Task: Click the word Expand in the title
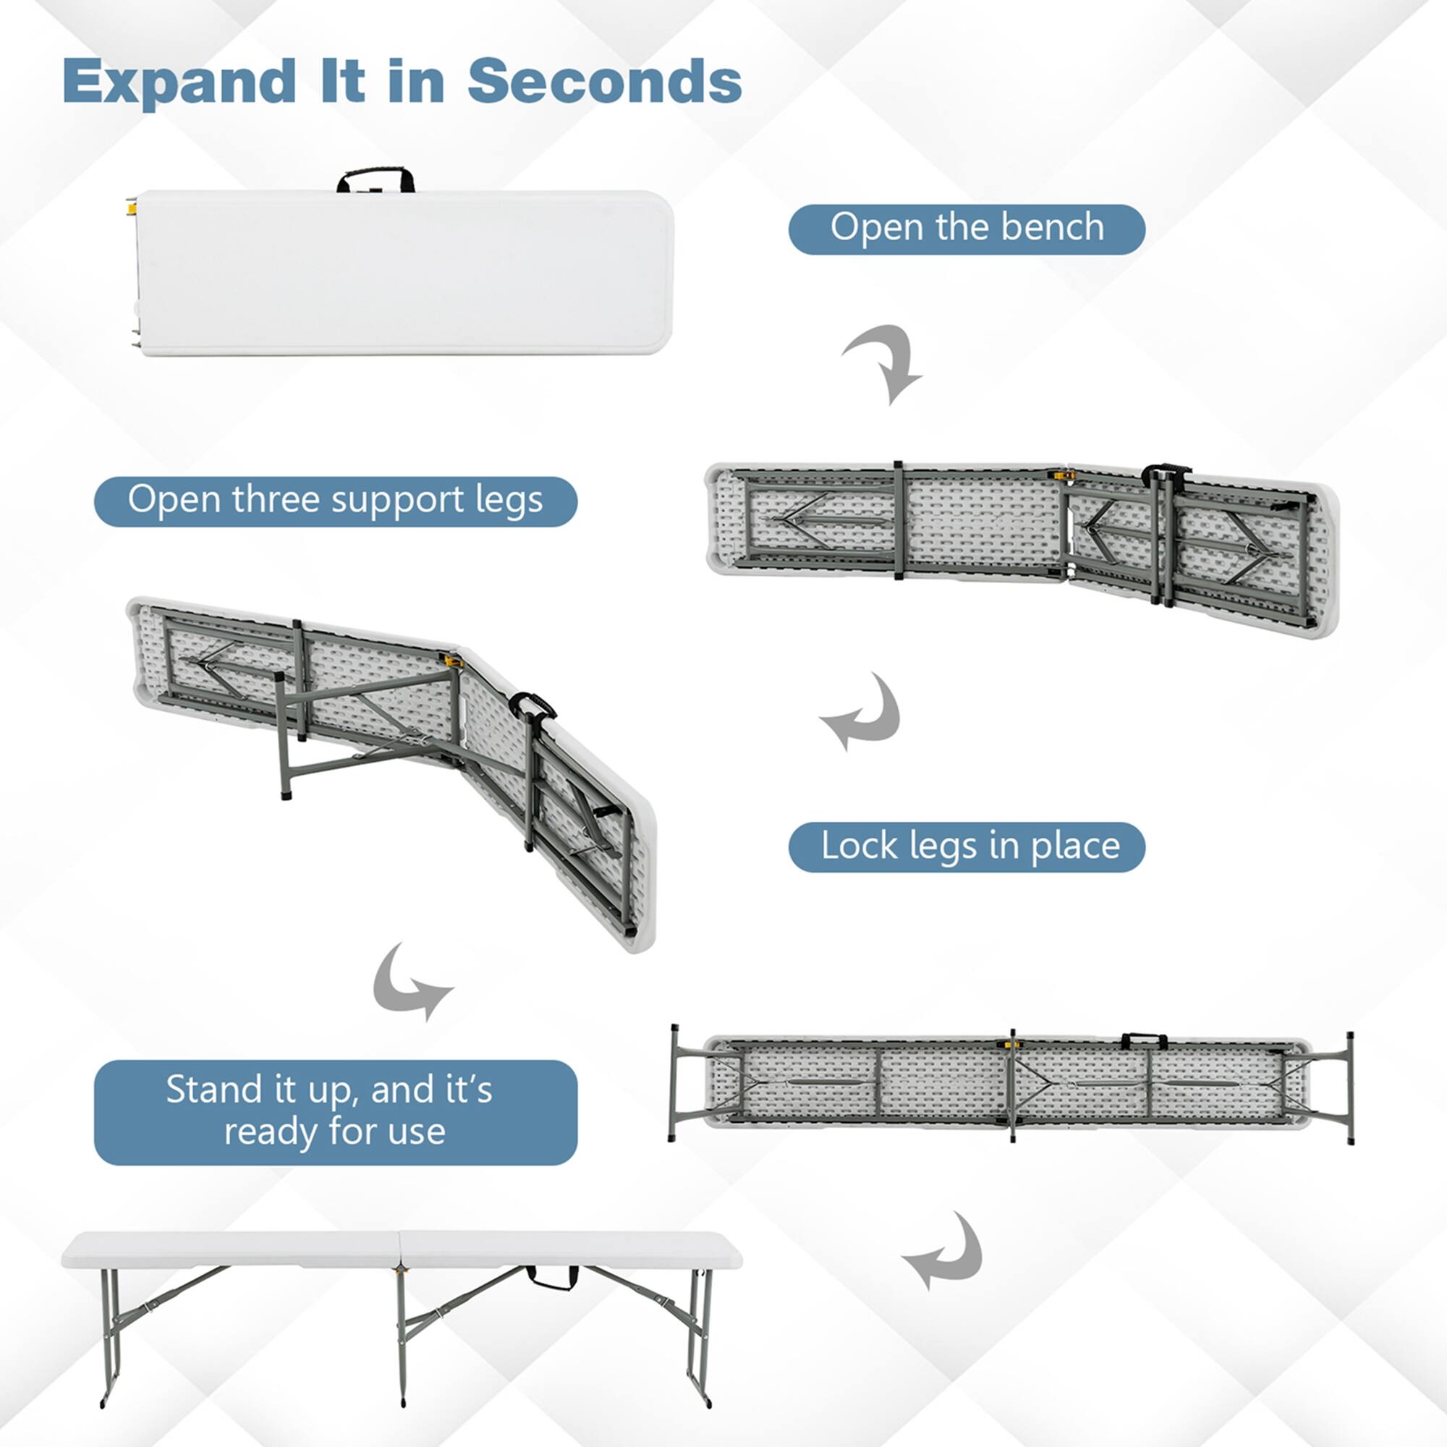179,82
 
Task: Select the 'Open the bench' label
966,229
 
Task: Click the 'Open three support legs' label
335,501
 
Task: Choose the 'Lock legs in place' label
966,847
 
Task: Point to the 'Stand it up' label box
335,1111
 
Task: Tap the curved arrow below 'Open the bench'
885,363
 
